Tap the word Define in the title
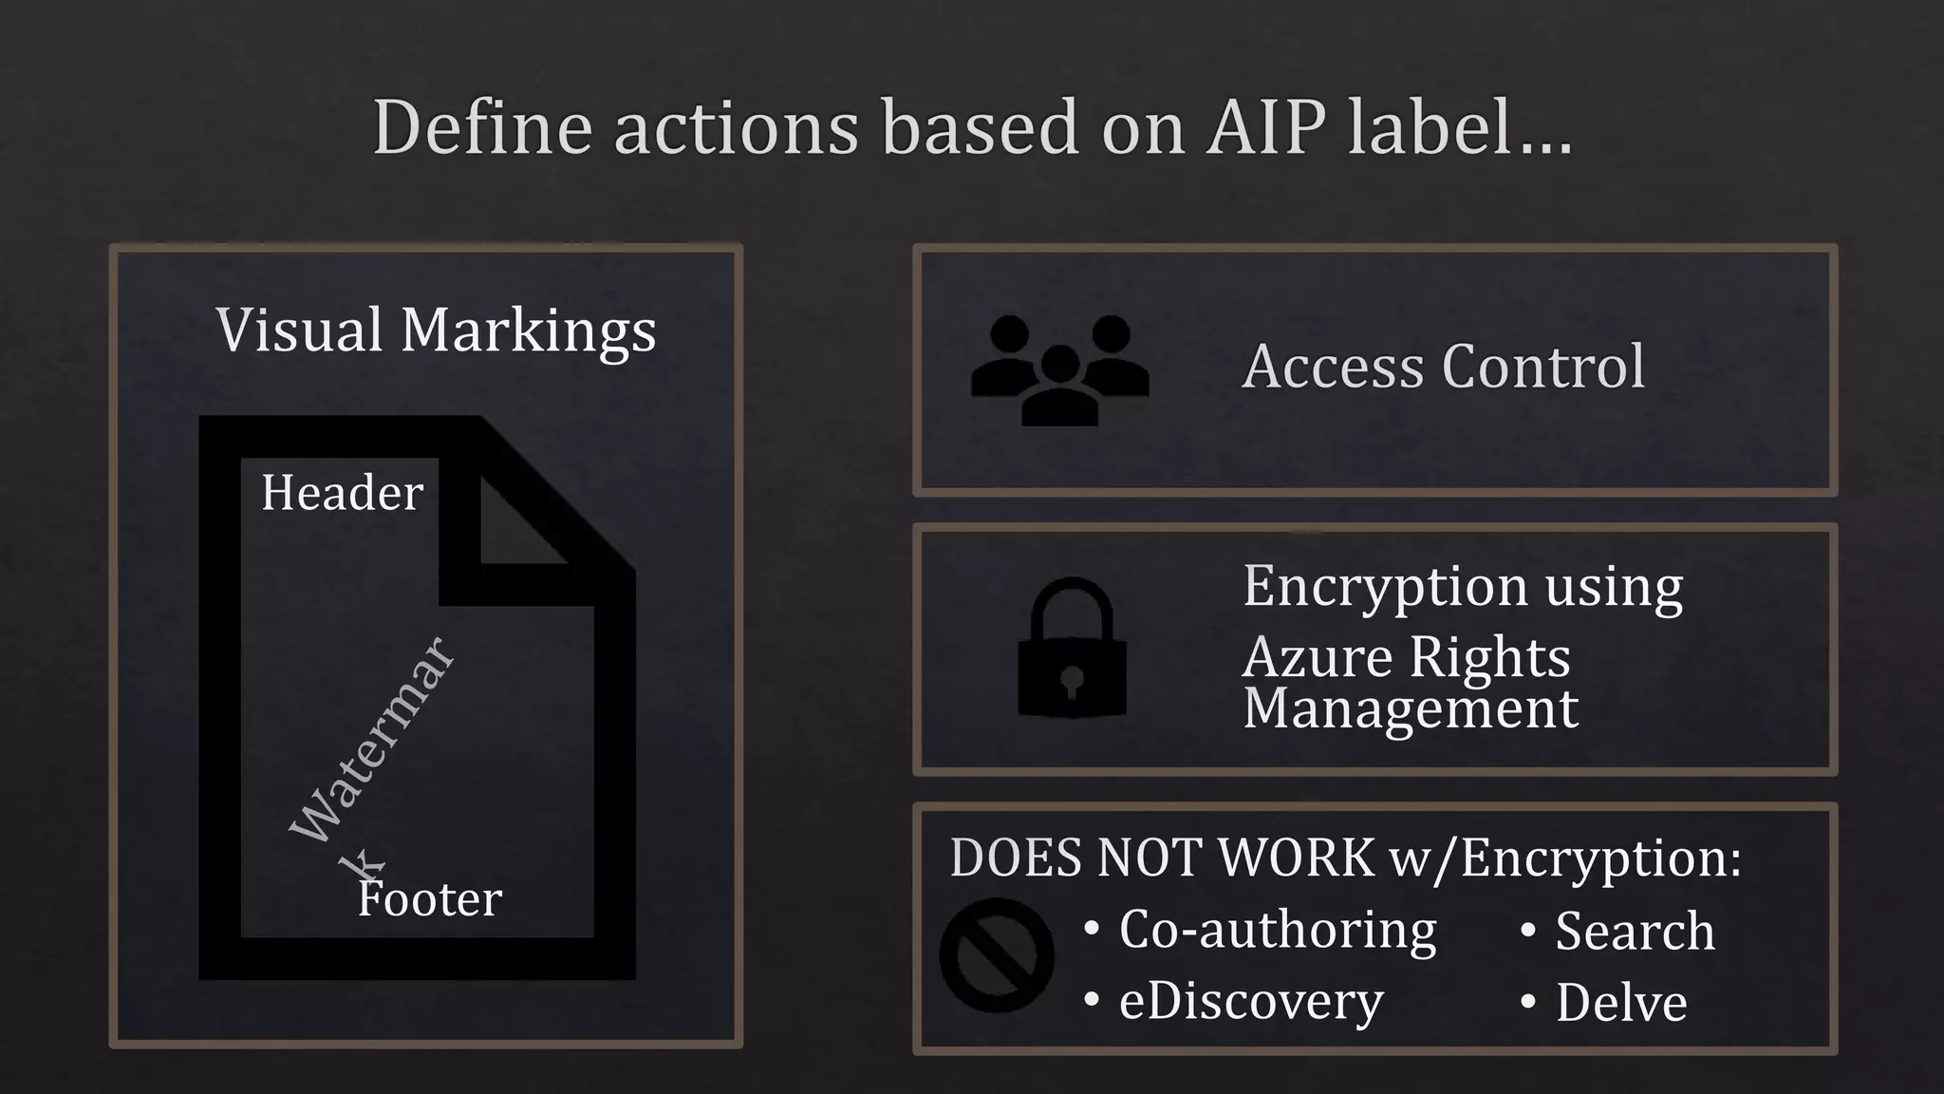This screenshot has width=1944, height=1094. point(482,127)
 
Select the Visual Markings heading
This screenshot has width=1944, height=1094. point(436,330)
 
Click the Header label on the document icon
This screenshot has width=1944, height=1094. point(342,492)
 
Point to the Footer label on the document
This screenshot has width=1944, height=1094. point(430,898)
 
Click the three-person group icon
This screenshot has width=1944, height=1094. point(1059,369)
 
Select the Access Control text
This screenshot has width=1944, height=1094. point(1443,367)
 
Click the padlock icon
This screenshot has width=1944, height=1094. point(1072,649)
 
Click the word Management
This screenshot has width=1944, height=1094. point(1411,708)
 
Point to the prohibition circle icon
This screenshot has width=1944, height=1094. point(996,954)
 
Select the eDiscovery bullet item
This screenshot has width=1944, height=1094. point(1250,1001)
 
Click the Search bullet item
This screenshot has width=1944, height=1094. point(1635,931)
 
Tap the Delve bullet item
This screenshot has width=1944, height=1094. point(1620,1003)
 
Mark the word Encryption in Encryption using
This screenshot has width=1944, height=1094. point(1385,587)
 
